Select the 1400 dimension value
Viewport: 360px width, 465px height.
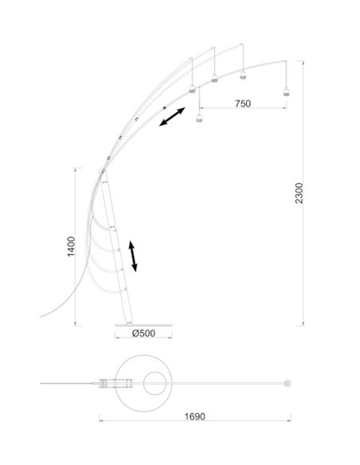click(x=70, y=247)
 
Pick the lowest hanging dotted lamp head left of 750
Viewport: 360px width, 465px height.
click(x=199, y=119)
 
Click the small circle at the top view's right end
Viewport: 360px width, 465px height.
click(x=284, y=385)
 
